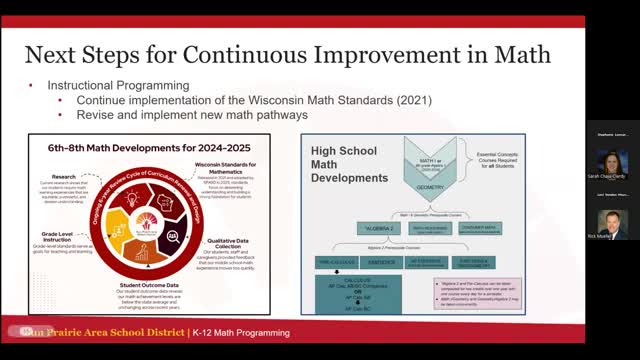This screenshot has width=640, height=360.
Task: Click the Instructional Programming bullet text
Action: [118, 87]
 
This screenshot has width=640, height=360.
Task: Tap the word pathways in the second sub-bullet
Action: [280, 115]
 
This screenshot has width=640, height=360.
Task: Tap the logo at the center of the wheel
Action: [151, 218]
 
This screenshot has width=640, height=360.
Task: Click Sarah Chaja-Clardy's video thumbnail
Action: [613, 163]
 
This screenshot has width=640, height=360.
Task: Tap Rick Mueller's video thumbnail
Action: [613, 223]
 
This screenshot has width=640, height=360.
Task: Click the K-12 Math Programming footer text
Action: [242, 332]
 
